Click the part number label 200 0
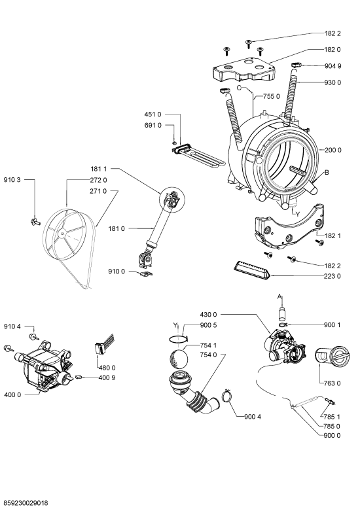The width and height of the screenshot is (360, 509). coord(333,150)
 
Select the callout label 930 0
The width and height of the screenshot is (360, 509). coord(333,82)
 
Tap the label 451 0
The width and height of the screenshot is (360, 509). coord(153,114)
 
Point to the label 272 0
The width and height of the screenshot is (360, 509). coord(98,180)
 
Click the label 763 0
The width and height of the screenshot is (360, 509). coord(332,383)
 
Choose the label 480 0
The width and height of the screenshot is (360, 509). coord(107,368)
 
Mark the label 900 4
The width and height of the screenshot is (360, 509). coord(253,417)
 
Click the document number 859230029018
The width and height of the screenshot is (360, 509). coord(25,503)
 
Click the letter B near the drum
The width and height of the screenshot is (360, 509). coord(327,172)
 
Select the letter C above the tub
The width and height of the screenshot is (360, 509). coord(239,88)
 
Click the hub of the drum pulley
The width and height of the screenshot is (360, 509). coord(61,233)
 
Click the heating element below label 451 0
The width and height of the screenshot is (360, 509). coord(199,156)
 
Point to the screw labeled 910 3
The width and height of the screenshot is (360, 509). coord(35,222)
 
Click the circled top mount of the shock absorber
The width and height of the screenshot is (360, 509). coord(171,200)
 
